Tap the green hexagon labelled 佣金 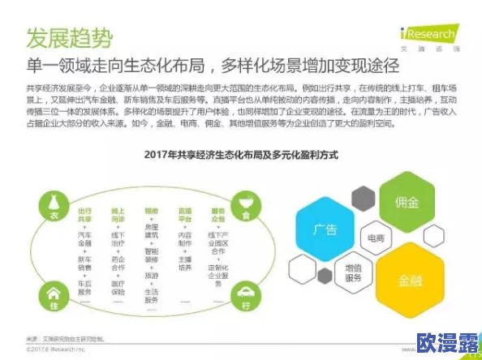[407, 200]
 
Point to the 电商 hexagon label [375, 239]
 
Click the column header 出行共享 [84, 214]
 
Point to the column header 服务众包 [217, 214]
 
